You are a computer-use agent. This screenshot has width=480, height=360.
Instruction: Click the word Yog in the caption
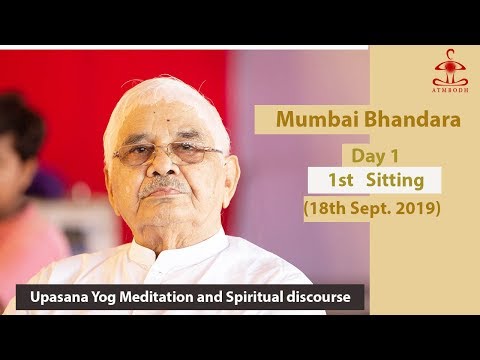106,298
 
